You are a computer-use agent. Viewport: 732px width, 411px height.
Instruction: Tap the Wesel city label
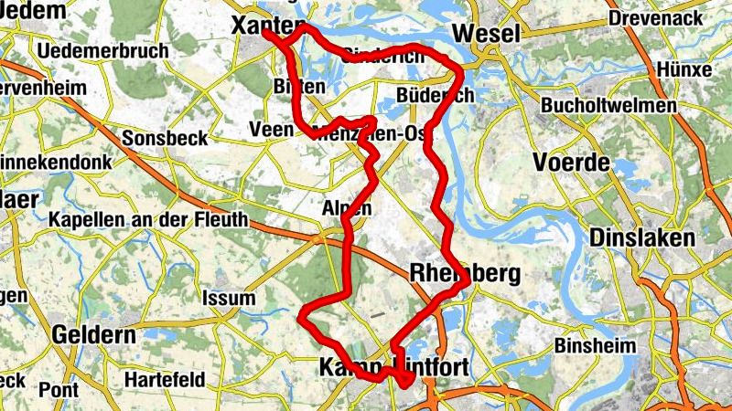pos(486,33)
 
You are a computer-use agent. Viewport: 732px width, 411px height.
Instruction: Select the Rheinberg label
pos(466,273)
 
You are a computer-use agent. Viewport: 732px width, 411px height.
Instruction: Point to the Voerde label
pos(571,163)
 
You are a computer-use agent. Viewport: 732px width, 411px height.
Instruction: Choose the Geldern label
pos(93,335)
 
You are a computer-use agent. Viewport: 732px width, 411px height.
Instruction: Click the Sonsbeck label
pos(165,138)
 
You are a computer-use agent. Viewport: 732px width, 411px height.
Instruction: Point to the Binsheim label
pos(594,347)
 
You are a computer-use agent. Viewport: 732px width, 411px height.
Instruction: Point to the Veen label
pos(271,131)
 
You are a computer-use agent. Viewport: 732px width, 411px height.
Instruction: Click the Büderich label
pos(436,95)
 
